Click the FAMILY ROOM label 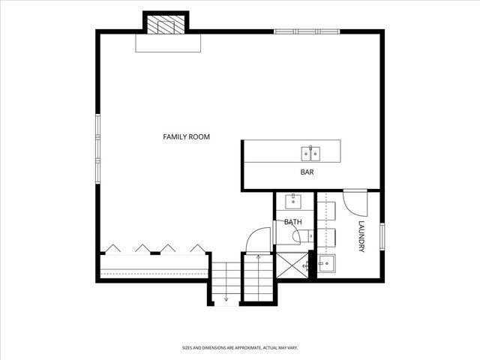pyautogui.click(x=186, y=136)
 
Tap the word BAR pyautogui.click(x=307, y=172)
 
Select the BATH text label pyautogui.click(x=293, y=222)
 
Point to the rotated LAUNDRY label pyautogui.click(x=361, y=236)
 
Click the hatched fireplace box pyautogui.click(x=166, y=25)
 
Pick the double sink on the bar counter pyautogui.click(x=310, y=154)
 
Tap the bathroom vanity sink pyautogui.click(x=293, y=201)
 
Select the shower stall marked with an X pyautogui.click(x=292, y=265)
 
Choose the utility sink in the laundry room pyautogui.click(x=327, y=263)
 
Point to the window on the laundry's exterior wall pyautogui.click(x=382, y=237)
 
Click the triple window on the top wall pyautogui.click(x=307, y=31)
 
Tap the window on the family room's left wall pyautogui.click(x=98, y=148)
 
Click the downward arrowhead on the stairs pyautogui.click(x=226, y=298)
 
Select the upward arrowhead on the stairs pyautogui.click(x=258, y=256)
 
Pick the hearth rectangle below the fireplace pyautogui.click(x=168, y=43)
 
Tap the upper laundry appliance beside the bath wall pyautogui.click(x=326, y=211)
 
